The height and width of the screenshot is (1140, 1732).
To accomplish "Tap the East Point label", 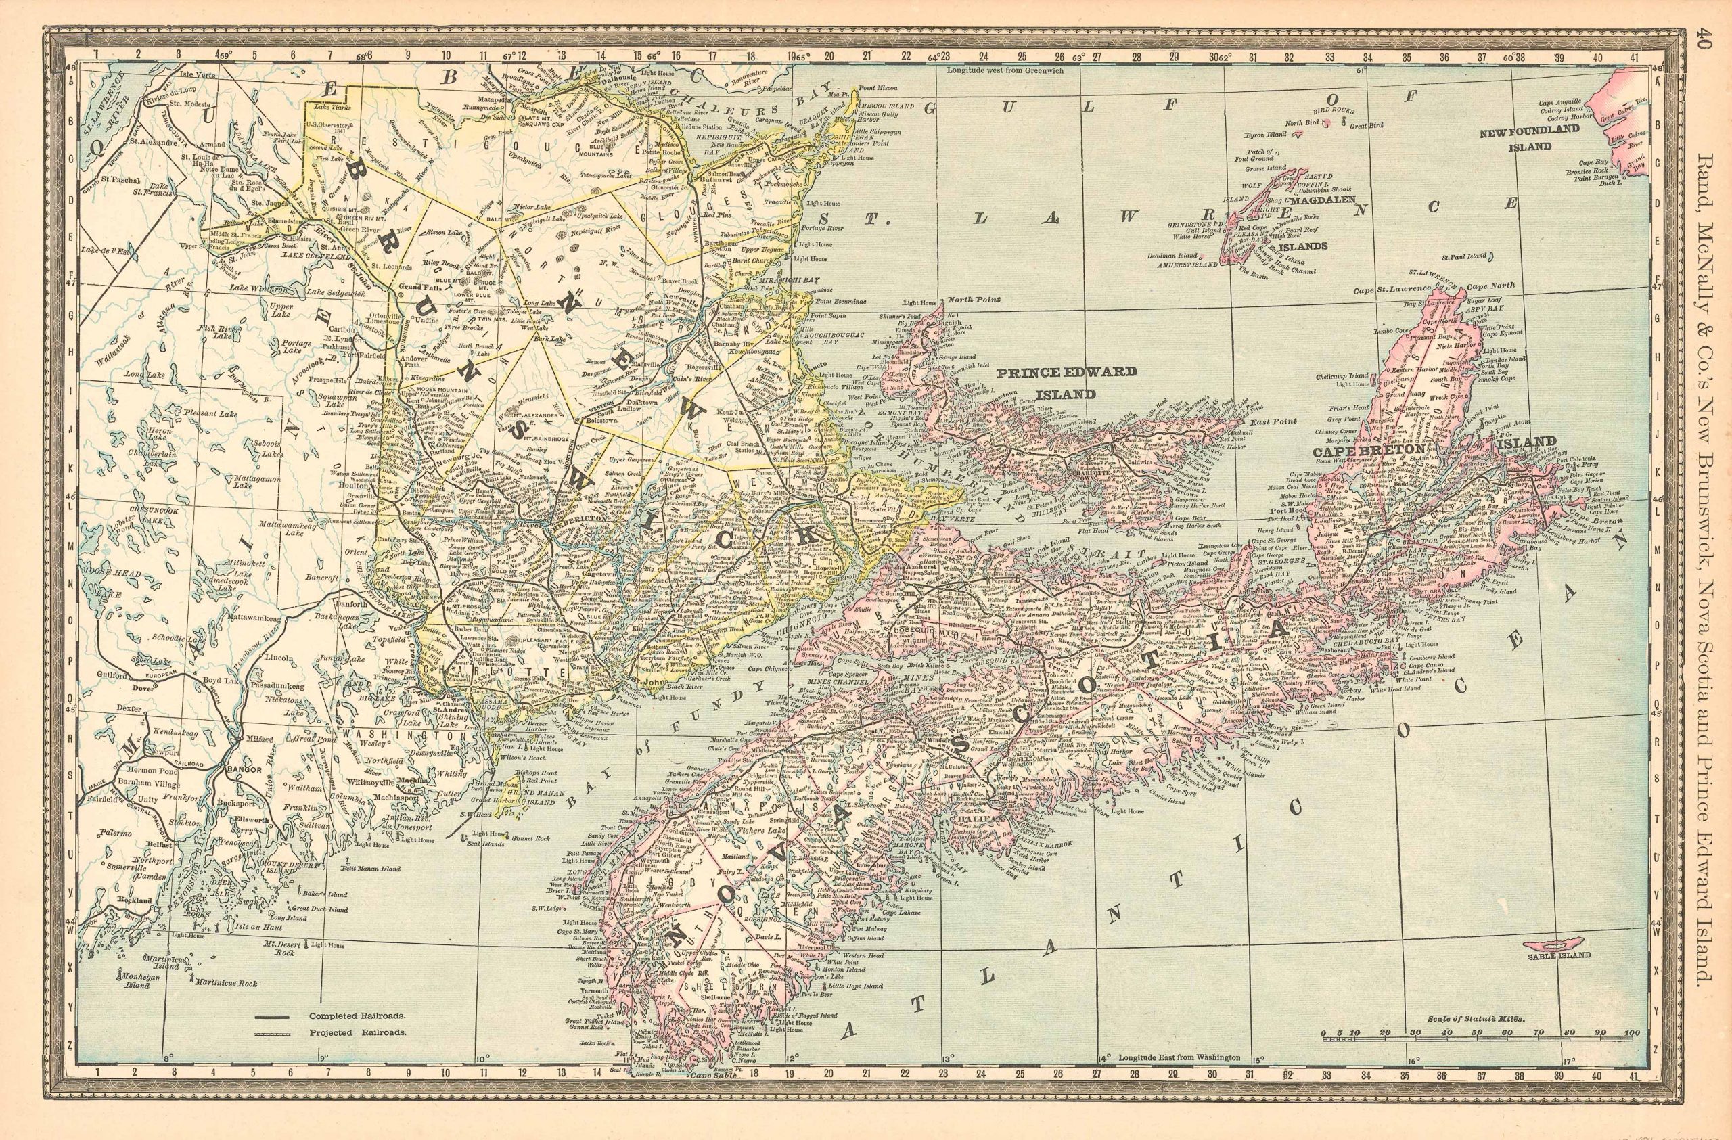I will [1263, 421].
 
